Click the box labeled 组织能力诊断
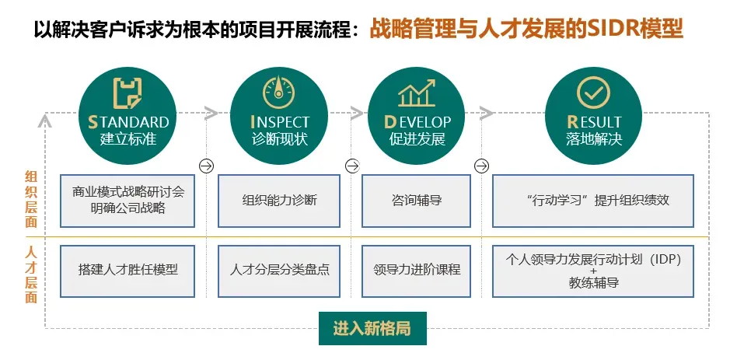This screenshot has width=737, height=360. pyautogui.click(x=280, y=201)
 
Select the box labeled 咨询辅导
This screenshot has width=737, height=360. pyautogui.click(x=417, y=201)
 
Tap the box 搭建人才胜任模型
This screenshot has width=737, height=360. pyautogui.click(x=128, y=270)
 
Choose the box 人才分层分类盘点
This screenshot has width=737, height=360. pyautogui.click(x=280, y=270)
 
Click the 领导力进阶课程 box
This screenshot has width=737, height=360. pyautogui.click(x=417, y=270)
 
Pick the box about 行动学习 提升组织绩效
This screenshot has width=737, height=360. pyautogui.click(x=593, y=201)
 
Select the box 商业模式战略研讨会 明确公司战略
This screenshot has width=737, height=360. pyautogui.click(x=128, y=200)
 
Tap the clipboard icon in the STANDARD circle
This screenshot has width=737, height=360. pyautogui.click(x=128, y=93)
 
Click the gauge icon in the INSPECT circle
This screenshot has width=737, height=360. pyautogui.click(x=279, y=92)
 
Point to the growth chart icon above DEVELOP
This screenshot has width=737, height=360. pyautogui.click(x=416, y=93)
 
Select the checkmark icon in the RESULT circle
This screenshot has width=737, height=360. pyautogui.click(x=593, y=93)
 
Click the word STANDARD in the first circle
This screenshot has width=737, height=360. pyautogui.click(x=128, y=122)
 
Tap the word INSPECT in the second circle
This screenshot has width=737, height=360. pyautogui.click(x=279, y=122)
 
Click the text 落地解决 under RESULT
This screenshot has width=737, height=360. pyautogui.click(x=594, y=140)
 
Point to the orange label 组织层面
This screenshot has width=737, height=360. pyautogui.click(x=32, y=199)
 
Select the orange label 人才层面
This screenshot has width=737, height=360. pyautogui.click(x=32, y=274)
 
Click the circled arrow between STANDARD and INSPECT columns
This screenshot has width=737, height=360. pyautogui.click(x=207, y=166)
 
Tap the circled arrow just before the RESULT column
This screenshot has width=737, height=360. pyautogui.click(x=482, y=166)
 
